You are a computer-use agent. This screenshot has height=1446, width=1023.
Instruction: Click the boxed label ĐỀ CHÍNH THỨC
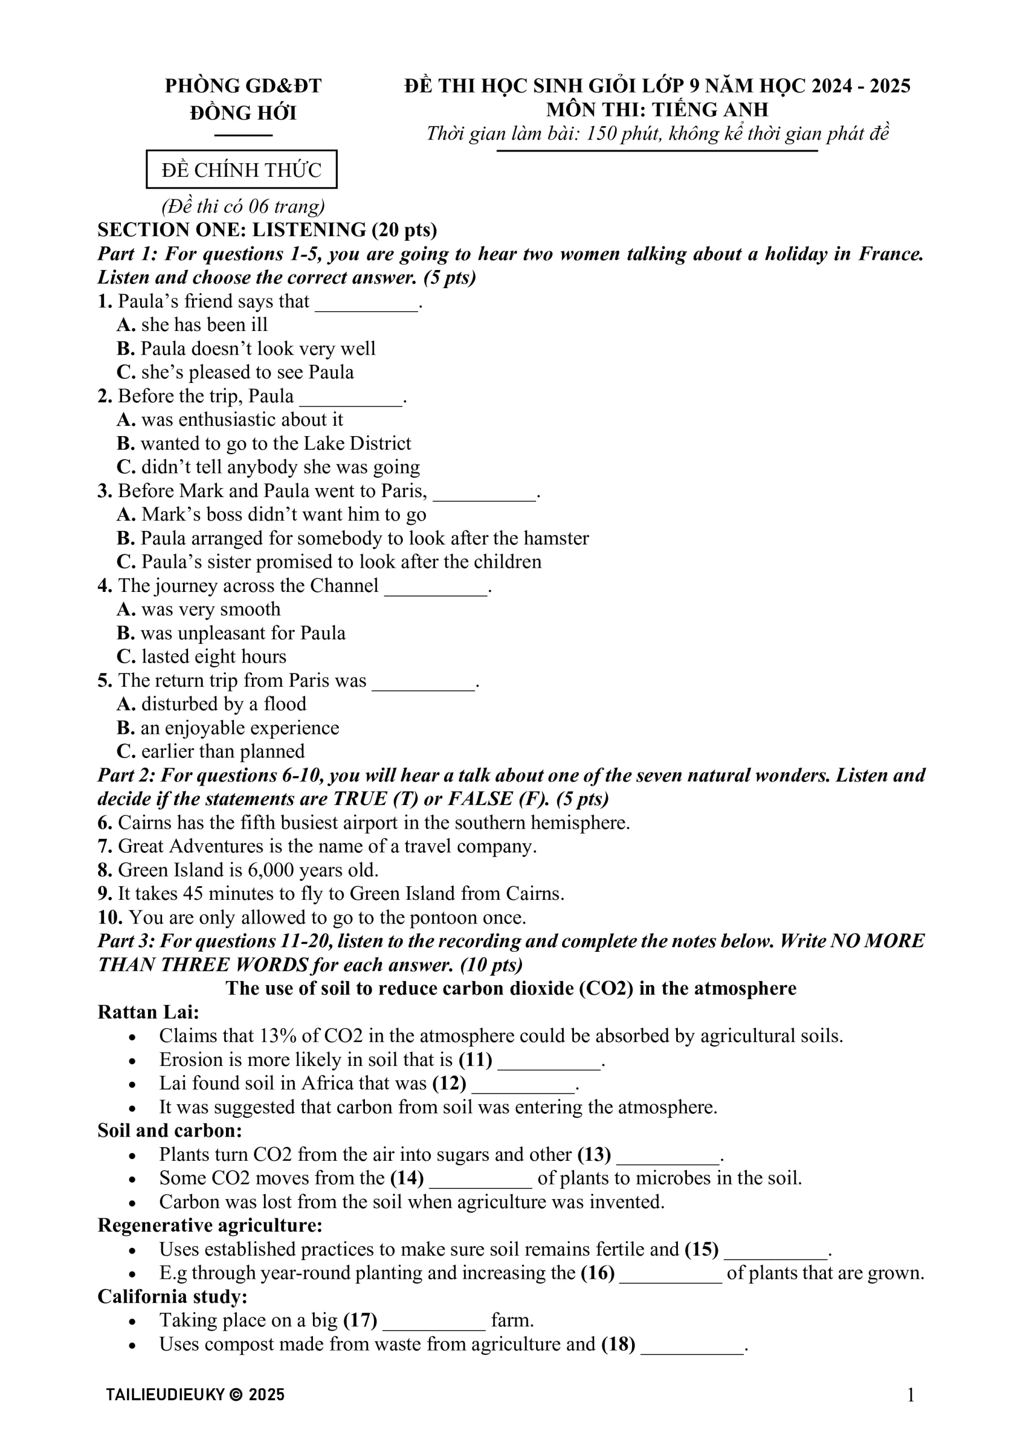(241, 169)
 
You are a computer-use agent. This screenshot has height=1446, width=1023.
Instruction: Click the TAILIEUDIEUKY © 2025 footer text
(195, 1395)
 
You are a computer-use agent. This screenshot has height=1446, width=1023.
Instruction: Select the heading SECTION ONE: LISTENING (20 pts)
(267, 230)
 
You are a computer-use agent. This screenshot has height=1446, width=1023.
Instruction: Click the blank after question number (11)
(549, 1060)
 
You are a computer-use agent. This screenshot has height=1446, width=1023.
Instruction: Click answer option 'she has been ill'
(204, 325)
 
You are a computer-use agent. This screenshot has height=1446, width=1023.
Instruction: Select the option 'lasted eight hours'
(214, 657)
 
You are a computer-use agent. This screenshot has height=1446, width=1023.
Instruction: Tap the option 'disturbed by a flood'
(224, 704)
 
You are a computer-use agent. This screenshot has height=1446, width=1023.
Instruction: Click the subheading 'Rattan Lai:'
(148, 1012)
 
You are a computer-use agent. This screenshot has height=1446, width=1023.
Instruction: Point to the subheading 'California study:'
(172, 1297)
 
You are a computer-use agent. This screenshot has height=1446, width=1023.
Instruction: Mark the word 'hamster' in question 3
(556, 538)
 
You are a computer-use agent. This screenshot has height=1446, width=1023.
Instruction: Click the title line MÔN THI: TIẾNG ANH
(657, 110)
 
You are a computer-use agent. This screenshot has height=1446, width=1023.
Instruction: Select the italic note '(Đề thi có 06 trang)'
(243, 206)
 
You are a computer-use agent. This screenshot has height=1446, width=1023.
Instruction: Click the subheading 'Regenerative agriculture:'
(210, 1226)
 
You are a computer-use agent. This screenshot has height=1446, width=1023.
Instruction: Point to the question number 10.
(110, 918)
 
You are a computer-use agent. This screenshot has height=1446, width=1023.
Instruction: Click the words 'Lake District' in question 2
(357, 443)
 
